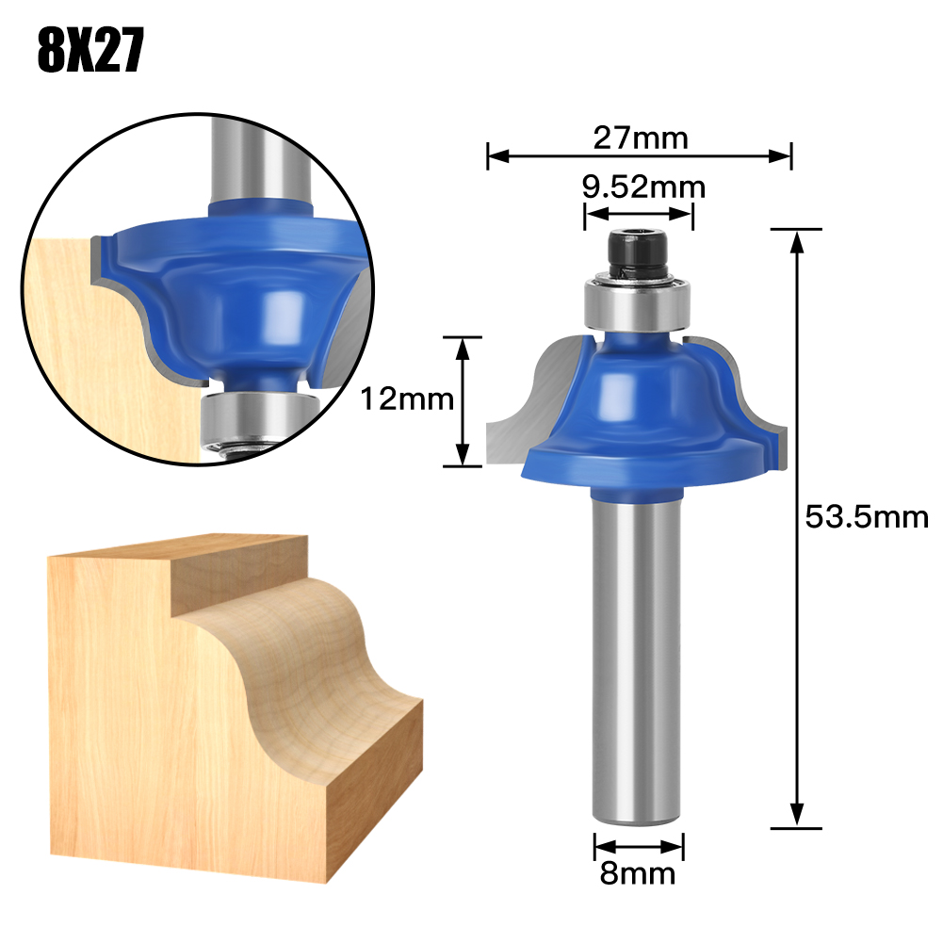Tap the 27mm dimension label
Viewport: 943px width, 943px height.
[x=641, y=138]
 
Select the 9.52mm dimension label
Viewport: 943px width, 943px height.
[x=643, y=187]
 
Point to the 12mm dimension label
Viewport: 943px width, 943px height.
[x=407, y=400]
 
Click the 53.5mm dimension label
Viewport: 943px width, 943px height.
[x=867, y=516]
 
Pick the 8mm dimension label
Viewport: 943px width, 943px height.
[x=639, y=873]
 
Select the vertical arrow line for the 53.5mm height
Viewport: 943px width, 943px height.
[x=797, y=528]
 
